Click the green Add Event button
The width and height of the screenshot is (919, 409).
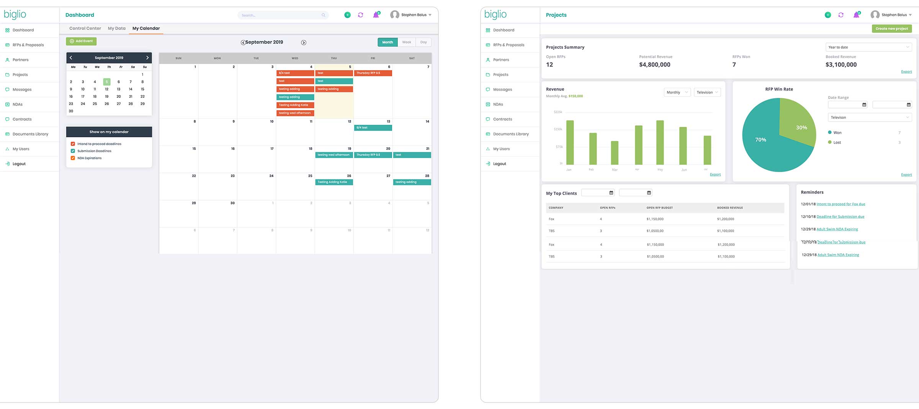coord(81,41)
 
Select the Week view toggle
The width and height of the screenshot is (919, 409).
coord(406,42)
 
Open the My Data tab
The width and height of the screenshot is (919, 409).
coord(116,28)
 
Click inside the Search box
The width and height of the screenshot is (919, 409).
coord(281,15)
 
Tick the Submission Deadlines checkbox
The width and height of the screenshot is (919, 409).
coord(73,151)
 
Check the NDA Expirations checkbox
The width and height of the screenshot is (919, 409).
coord(73,158)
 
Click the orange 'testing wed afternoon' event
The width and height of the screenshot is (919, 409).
coord(295,113)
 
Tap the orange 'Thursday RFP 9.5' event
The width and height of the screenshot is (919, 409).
coord(373,73)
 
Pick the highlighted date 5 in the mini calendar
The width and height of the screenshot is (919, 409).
coord(106,82)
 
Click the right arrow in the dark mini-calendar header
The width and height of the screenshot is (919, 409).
coord(147,58)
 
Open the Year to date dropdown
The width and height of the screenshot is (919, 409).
coord(868,47)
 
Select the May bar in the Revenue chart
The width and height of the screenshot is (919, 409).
coord(660,143)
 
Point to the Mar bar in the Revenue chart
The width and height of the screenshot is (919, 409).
coord(615,153)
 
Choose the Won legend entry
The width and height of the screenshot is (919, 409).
coord(837,133)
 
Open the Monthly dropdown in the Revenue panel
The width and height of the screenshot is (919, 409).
coord(677,92)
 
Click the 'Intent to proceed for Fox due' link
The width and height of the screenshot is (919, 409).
coord(841,204)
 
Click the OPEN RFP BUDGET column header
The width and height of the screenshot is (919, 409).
coord(659,208)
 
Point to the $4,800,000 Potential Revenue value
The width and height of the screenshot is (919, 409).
coord(654,65)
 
